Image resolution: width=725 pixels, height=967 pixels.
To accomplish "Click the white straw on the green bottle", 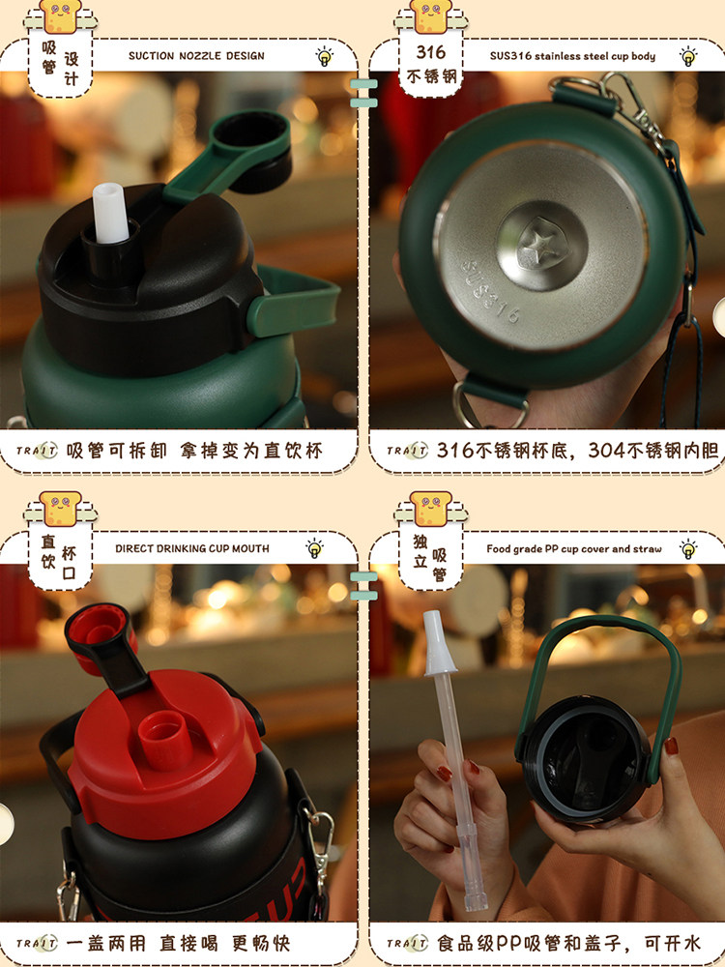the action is coord(110,213).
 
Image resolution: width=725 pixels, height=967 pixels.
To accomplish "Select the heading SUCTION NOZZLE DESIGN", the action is coord(196,56).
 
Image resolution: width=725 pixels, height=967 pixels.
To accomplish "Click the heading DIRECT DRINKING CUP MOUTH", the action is coord(191,548).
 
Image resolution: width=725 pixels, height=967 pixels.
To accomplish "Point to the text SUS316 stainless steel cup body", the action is coord(572,56).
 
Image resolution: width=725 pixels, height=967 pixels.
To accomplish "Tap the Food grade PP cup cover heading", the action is coord(573,549).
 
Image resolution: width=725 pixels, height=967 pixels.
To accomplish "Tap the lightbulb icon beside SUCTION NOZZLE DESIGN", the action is coord(324,56).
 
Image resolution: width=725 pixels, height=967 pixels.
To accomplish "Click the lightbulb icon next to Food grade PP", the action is coord(688,549).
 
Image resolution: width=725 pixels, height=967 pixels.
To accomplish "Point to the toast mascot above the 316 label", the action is coord(430,15).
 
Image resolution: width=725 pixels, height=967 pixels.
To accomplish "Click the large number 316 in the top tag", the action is coord(430,52).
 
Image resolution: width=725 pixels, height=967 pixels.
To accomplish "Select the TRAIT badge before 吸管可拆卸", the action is coord(37,451).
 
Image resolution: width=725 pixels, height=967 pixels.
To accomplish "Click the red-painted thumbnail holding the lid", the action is coord(672,747).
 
